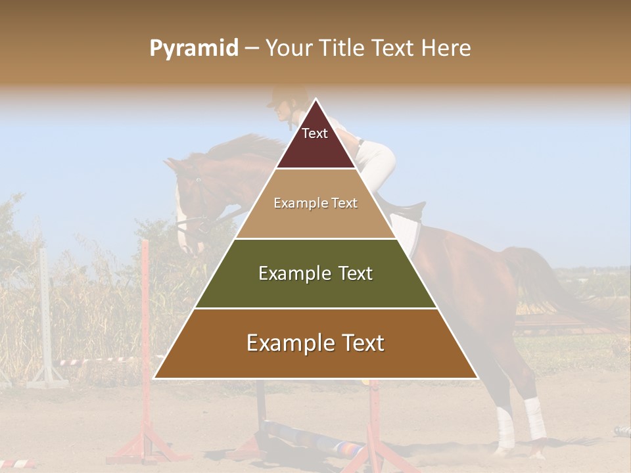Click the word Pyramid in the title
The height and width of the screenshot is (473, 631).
pos(193,49)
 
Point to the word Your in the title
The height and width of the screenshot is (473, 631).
pos(289,49)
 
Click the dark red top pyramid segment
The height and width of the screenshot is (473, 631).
pos(315,141)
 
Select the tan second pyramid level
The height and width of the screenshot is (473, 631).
pos(315,217)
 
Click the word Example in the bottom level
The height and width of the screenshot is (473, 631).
pos(287,344)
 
